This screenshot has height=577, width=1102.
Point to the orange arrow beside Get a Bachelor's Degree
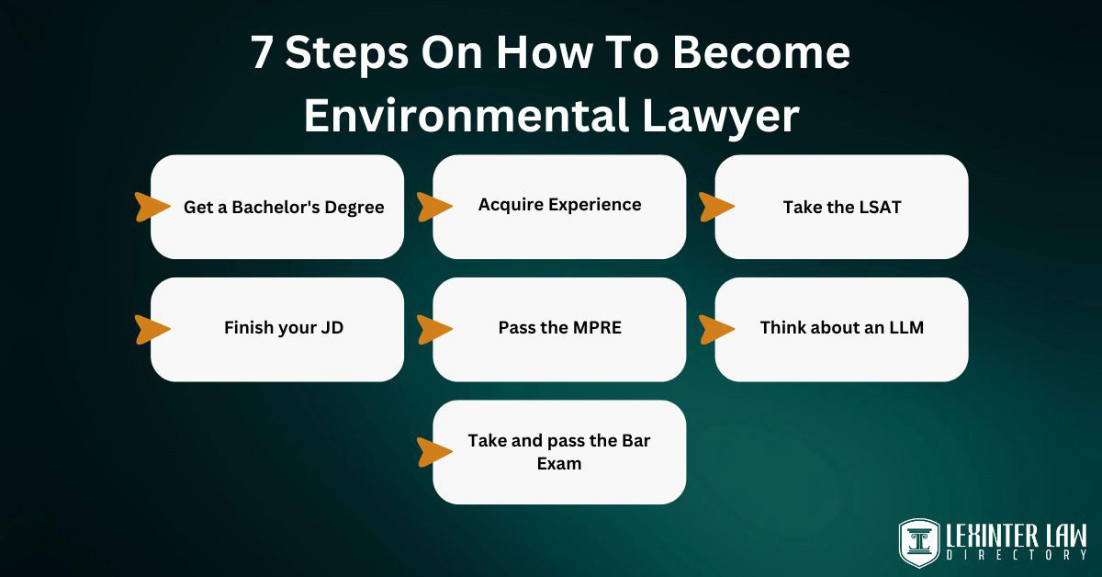152,207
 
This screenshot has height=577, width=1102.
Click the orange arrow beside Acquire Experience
434,207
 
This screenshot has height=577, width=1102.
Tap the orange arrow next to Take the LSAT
716,207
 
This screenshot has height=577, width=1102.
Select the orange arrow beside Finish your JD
152,329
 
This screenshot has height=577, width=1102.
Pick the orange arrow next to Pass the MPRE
434,329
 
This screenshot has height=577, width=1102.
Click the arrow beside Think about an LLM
716,329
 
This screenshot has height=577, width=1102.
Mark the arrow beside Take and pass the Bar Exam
434,451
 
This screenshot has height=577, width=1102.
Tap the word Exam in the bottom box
559,464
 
